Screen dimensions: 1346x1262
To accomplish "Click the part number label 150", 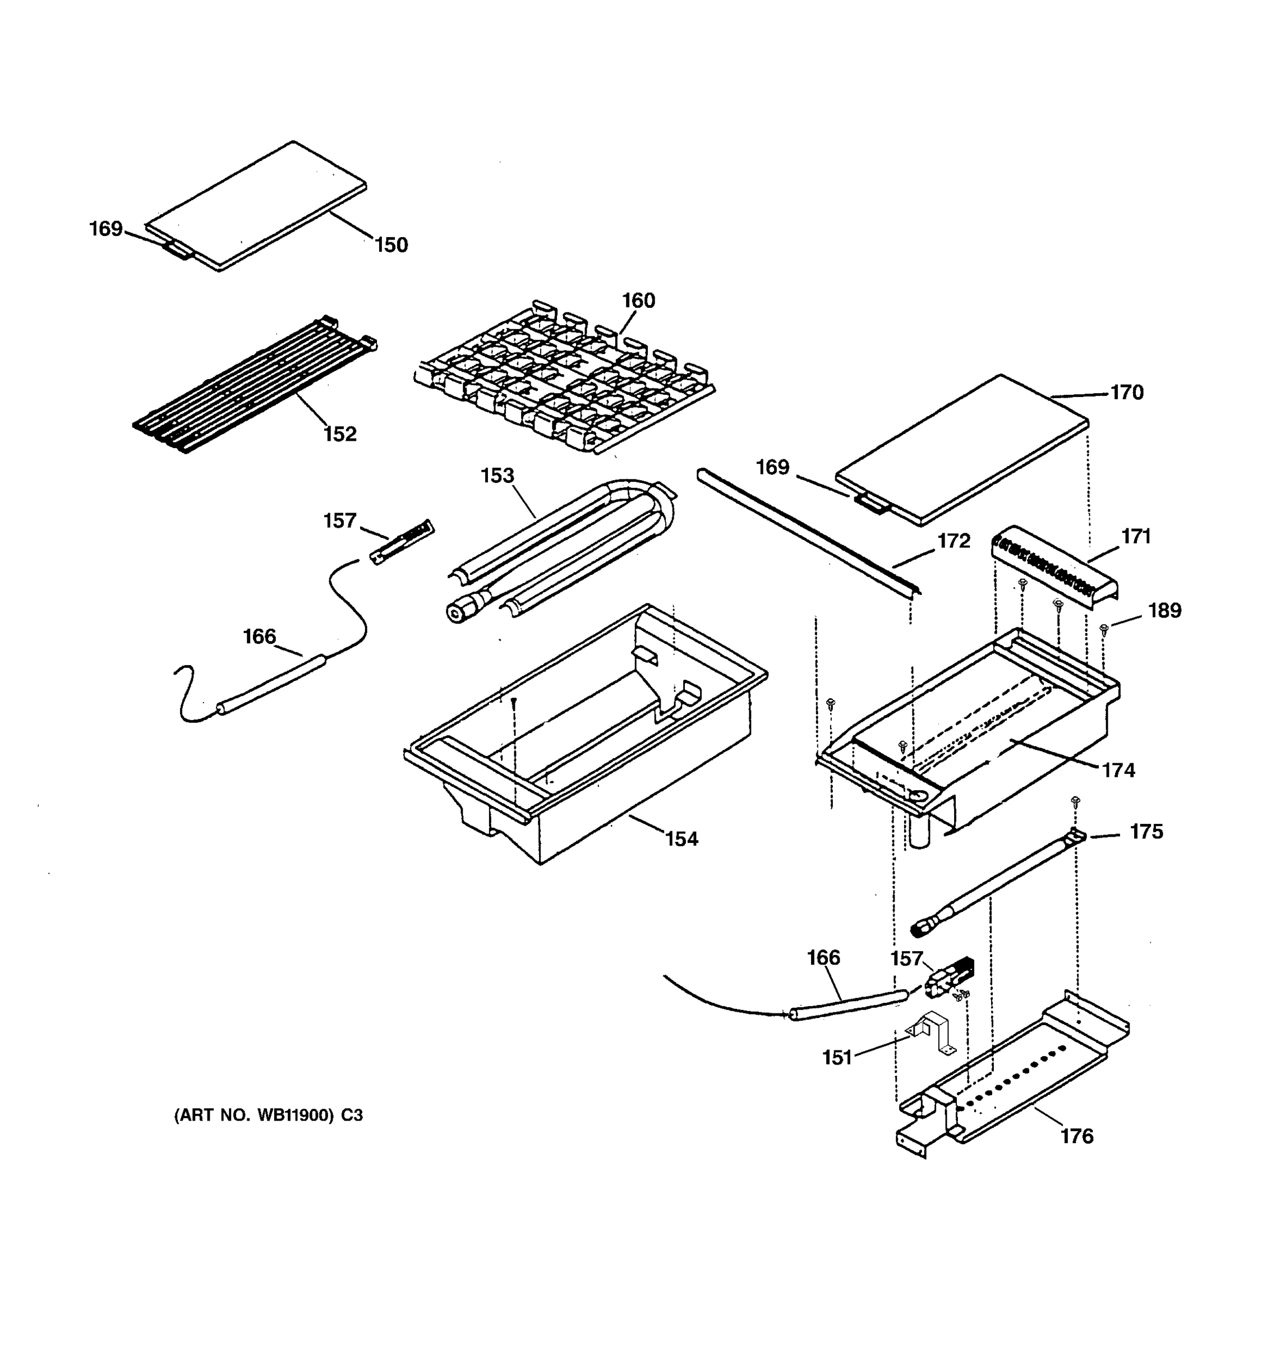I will coord(392,245).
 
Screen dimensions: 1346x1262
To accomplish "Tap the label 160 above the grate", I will coord(638,300).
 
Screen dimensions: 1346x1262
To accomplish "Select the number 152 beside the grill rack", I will coord(340,434).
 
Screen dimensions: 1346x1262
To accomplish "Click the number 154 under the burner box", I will coord(681,839).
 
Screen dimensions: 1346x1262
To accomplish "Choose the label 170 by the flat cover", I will coord(1127,393).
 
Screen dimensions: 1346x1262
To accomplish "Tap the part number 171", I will coord(1135,536).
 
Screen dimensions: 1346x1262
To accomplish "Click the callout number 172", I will coord(954,541).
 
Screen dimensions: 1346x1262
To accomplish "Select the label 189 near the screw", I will coord(1164,611).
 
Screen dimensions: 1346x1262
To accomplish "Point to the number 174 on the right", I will coord(1118,771).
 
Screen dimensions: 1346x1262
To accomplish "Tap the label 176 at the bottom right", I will coord(1076,1136).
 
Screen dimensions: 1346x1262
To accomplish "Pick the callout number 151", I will coord(837,1058).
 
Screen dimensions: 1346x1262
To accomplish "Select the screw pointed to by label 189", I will coord(1104,629).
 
